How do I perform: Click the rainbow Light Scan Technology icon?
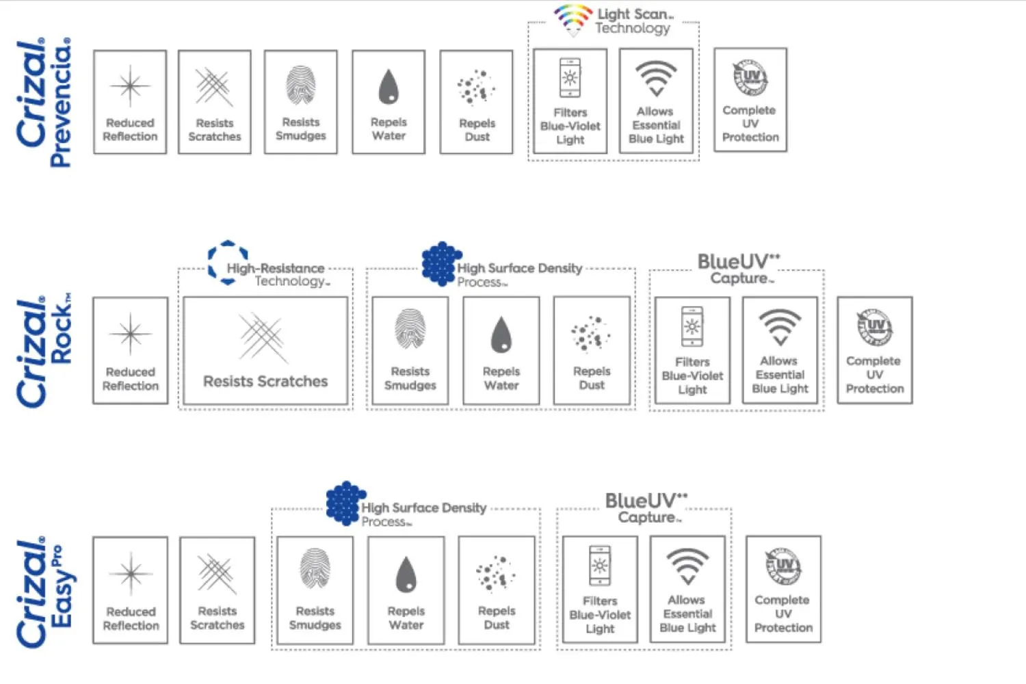click(573, 19)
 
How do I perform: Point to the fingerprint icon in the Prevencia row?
click(301, 85)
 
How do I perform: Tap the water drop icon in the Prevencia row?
click(389, 86)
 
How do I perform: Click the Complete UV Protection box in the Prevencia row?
click(750, 100)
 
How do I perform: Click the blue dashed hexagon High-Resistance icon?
click(228, 261)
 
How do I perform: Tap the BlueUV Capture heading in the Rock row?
click(739, 269)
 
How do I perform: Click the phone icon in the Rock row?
click(692, 326)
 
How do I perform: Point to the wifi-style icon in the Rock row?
click(780, 327)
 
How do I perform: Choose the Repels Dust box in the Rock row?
click(592, 350)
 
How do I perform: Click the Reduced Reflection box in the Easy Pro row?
click(131, 590)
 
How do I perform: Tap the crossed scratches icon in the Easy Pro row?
click(217, 573)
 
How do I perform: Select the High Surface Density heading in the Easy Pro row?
click(423, 508)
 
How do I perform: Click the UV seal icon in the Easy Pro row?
click(783, 566)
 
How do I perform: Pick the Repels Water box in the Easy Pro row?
click(406, 590)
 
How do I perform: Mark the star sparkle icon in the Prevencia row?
click(130, 86)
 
